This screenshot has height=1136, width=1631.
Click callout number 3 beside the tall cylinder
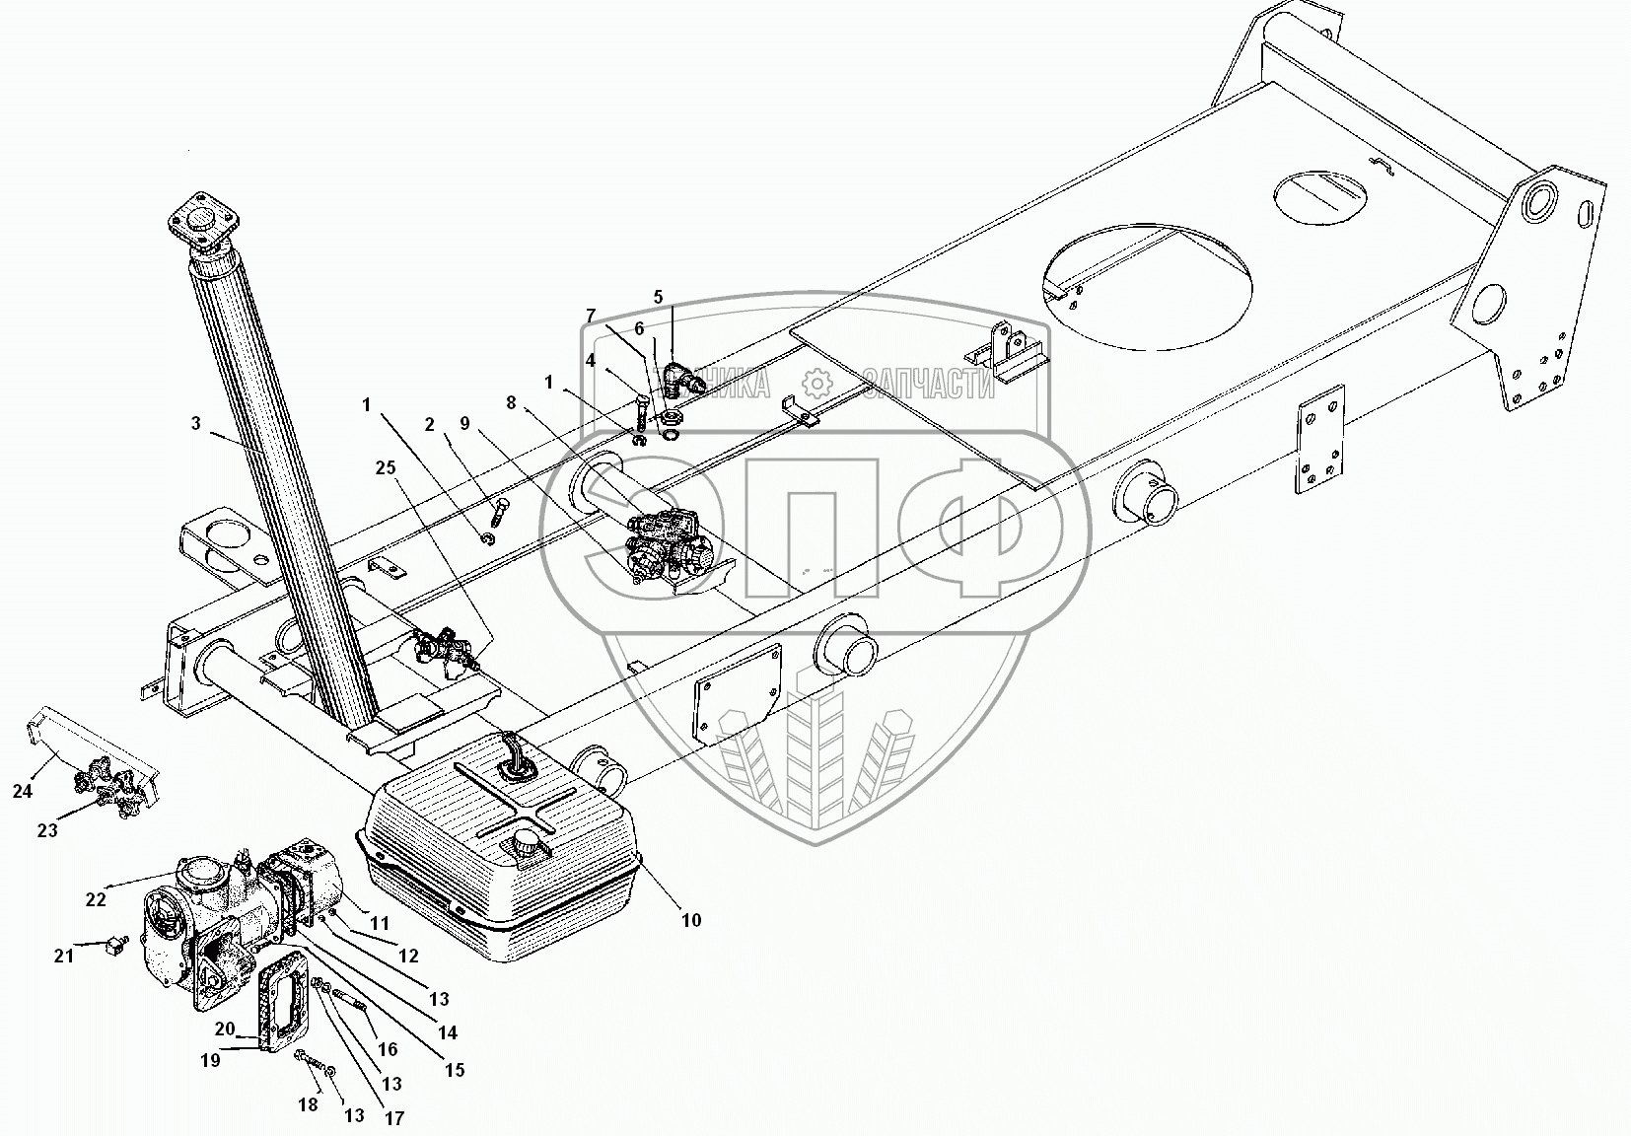click(196, 424)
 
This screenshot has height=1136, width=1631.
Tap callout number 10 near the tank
click(691, 920)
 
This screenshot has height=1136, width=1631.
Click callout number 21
click(64, 955)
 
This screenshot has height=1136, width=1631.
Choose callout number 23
click(47, 830)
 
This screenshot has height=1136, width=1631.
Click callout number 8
click(510, 402)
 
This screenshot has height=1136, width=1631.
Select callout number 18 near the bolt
click(309, 1104)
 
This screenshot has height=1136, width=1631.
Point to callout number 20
click(225, 1029)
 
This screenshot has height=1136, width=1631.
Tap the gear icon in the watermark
click(815, 383)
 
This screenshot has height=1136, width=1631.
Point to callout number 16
click(388, 1051)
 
